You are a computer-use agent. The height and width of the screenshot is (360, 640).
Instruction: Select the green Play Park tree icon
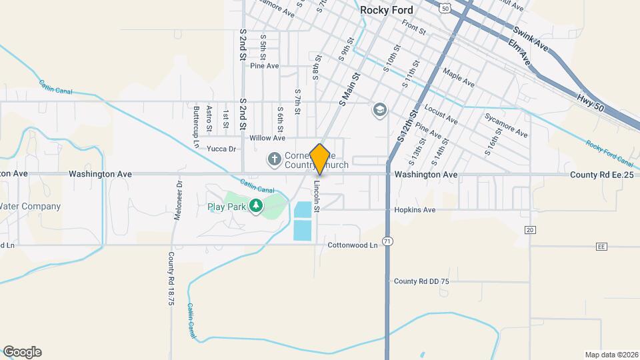[x=255, y=206]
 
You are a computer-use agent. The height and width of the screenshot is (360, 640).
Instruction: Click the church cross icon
[x=273, y=159]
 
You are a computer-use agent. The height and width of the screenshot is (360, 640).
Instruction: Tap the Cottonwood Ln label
[x=353, y=245]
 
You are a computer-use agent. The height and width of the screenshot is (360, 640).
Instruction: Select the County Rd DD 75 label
[x=421, y=281]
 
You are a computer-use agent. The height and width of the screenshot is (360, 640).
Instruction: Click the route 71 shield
[x=387, y=240]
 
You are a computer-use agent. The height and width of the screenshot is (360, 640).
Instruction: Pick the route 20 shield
[x=530, y=229]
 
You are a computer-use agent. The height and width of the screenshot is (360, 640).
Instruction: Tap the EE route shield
[x=601, y=247]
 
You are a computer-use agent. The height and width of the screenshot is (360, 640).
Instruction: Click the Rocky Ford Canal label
[x=609, y=153]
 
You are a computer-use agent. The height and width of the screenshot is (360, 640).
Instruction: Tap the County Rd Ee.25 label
[x=601, y=175]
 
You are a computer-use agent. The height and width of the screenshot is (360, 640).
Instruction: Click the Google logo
[x=22, y=352]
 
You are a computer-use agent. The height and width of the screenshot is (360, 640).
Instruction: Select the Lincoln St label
[x=318, y=197]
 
